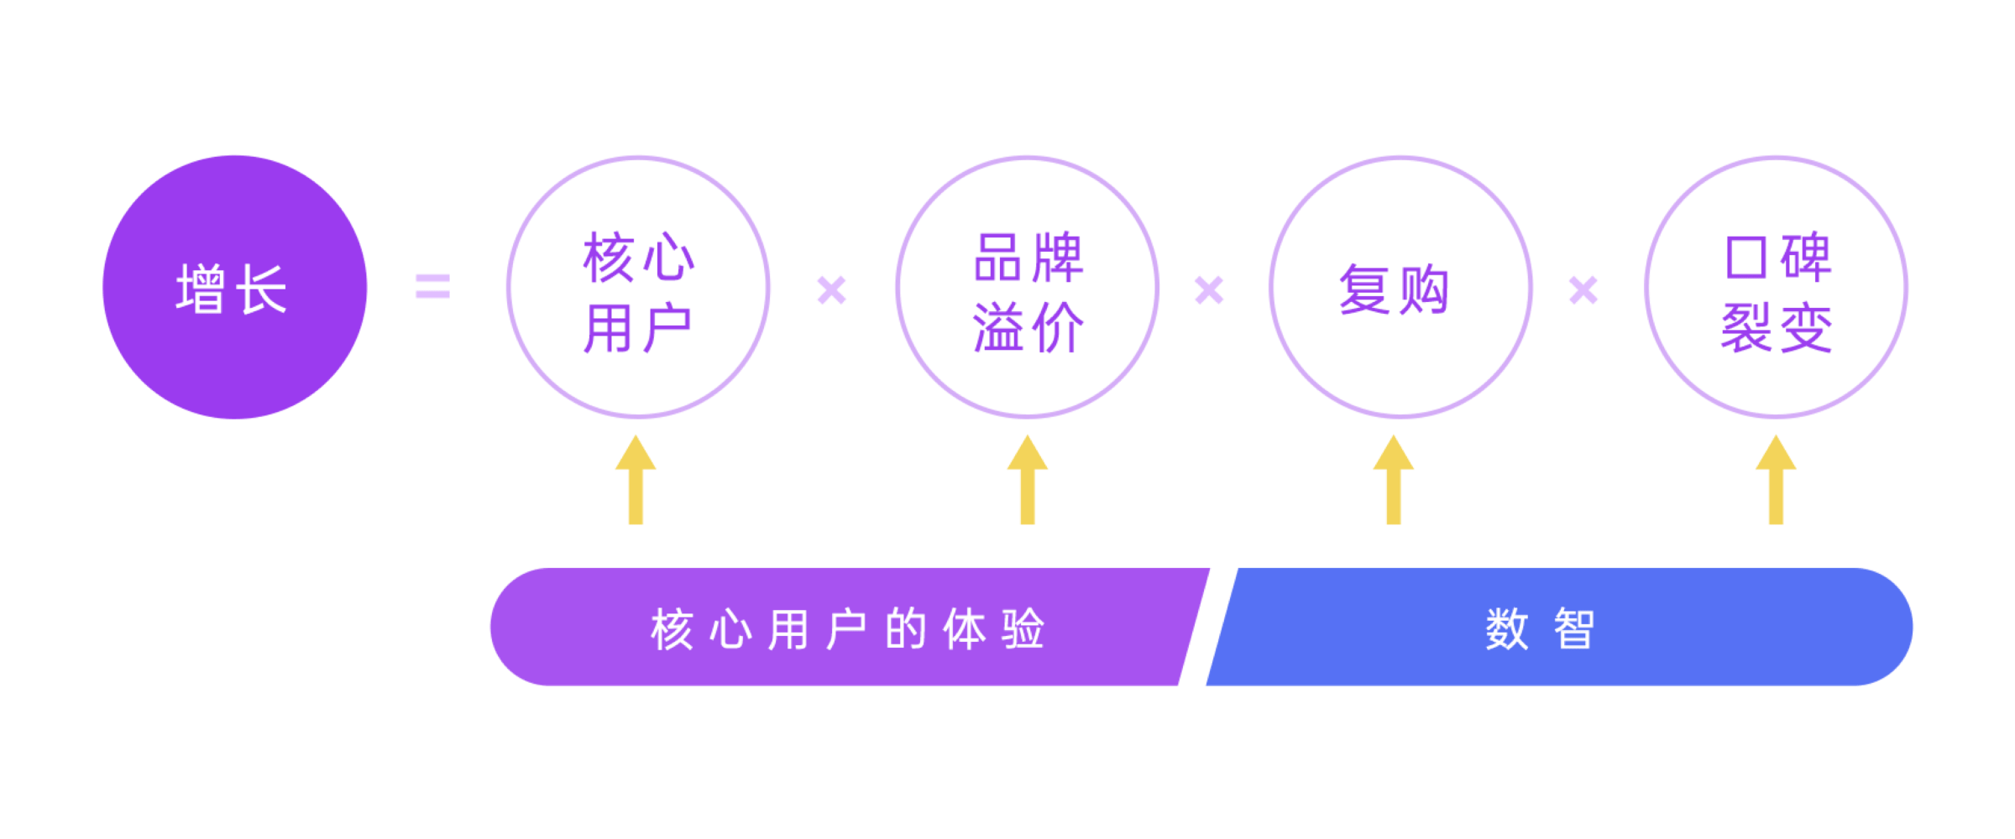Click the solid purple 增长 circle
click(235, 287)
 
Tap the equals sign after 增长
click(433, 287)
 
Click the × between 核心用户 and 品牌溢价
click(832, 290)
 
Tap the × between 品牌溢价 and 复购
click(1209, 290)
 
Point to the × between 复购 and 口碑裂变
click(1583, 290)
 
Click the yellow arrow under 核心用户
click(636, 480)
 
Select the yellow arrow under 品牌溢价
click(1028, 480)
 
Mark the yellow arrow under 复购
click(1394, 480)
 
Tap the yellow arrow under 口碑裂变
click(1776, 480)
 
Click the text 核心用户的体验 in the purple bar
click(848, 629)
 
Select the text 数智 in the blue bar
click(1540, 629)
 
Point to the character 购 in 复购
click(1424, 289)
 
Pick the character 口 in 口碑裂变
click(1746, 257)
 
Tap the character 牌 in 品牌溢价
click(1059, 257)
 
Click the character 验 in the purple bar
click(1023, 629)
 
